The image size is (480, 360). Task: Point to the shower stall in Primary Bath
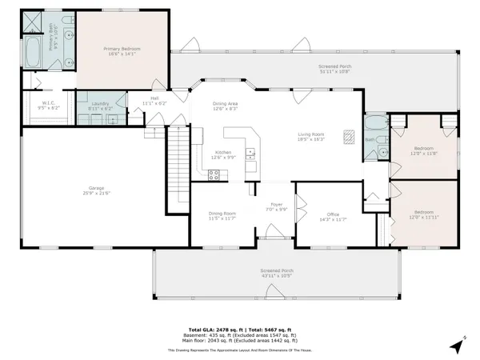[x=33, y=23]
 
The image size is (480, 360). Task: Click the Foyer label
[x=276, y=207]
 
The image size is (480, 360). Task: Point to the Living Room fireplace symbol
[x=348, y=135]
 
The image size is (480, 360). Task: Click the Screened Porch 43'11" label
[x=276, y=272]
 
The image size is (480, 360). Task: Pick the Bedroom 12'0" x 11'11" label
[x=424, y=214]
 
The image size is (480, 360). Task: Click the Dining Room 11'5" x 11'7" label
[x=222, y=214]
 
